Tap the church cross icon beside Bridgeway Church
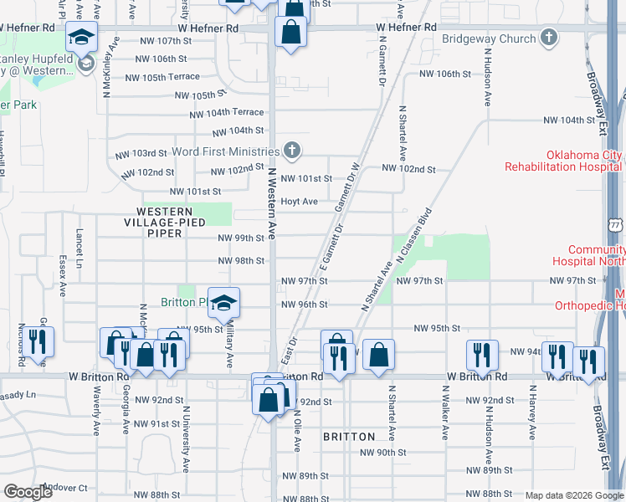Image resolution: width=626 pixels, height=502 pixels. point(548,37)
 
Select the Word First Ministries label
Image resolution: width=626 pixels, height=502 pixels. point(225,151)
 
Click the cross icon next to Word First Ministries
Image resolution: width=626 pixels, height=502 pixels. point(290,151)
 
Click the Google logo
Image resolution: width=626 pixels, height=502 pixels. point(28,492)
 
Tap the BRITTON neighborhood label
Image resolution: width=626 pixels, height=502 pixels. point(349,437)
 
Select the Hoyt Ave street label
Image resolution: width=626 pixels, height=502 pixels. point(299,202)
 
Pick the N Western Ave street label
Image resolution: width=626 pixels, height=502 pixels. point(272,201)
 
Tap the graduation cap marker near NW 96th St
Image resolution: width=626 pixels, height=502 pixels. point(223,302)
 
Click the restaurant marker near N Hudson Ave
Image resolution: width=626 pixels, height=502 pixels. point(483,355)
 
